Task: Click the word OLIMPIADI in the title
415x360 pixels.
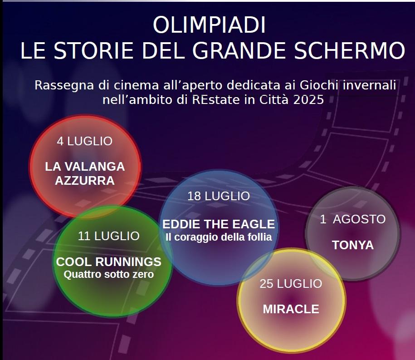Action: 209,25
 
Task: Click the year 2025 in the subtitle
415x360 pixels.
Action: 308,100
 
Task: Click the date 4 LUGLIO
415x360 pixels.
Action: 84,141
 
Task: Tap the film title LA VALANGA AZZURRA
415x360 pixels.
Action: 85,173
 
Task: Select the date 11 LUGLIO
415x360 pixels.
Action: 109,236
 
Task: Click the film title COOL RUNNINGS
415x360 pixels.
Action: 109,262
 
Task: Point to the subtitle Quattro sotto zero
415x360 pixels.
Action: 109,275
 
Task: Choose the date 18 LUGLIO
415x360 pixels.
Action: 219,196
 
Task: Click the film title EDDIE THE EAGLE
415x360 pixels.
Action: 219,224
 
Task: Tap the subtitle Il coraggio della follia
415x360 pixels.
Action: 219,237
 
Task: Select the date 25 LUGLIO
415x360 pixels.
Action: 291,284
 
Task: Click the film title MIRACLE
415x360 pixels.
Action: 291,309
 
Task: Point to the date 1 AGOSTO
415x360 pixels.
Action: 352,219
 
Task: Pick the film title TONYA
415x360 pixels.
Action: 353,245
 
